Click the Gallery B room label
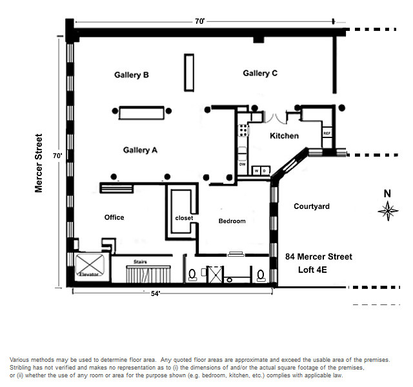[x=132, y=75]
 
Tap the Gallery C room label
[x=260, y=74]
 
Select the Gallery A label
[x=140, y=150]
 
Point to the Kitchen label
[x=284, y=136]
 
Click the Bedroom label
[x=232, y=221]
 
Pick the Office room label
[x=114, y=217]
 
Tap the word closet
[x=184, y=218]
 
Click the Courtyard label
[x=312, y=206]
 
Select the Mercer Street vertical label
[x=39, y=163]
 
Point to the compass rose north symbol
[x=388, y=208]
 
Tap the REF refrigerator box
[x=327, y=134]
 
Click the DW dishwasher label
[x=243, y=164]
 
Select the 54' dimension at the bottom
[x=155, y=294]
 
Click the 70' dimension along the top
[x=199, y=21]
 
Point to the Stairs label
[x=141, y=262]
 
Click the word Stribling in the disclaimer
[x=24, y=368]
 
